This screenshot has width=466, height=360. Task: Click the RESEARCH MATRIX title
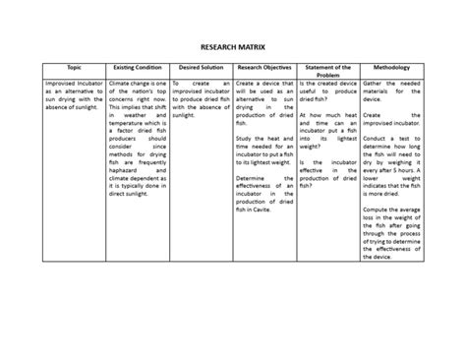pyautogui.click(x=232, y=46)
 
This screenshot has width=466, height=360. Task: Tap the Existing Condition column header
pyautogui.click(x=137, y=69)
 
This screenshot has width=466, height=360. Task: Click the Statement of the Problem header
pyautogui.click(x=329, y=73)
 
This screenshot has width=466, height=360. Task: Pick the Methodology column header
pyautogui.click(x=393, y=69)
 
